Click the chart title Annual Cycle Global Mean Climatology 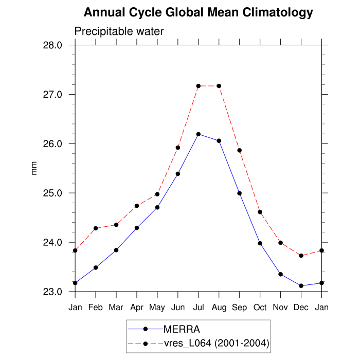(198, 12)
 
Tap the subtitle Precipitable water (119, 31)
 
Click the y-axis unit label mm (34, 168)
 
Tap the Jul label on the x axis (198, 308)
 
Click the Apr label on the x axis (137, 308)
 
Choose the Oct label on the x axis (260, 308)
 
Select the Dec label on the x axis (301, 308)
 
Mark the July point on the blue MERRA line (199, 134)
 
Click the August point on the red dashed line (219, 86)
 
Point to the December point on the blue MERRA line (301, 286)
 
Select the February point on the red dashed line (96, 228)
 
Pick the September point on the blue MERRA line (240, 193)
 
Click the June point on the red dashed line (178, 148)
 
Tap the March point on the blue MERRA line (116, 250)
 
